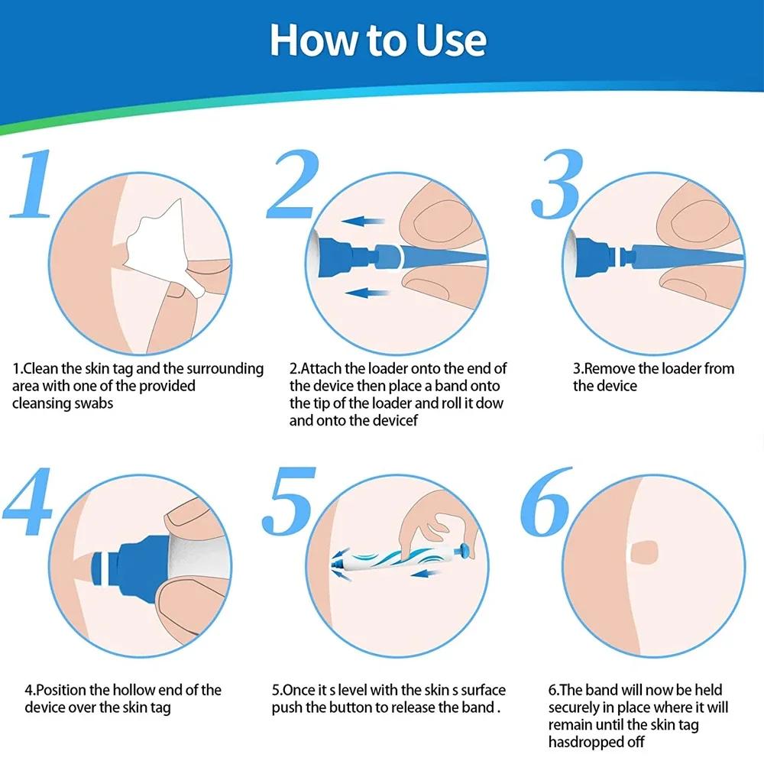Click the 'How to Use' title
click(x=378, y=39)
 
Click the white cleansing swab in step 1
click(x=157, y=244)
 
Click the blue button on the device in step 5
click(x=464, y=548)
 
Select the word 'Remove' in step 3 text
click(x=609, y=369)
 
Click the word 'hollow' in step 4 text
click(x=132, y=690)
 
